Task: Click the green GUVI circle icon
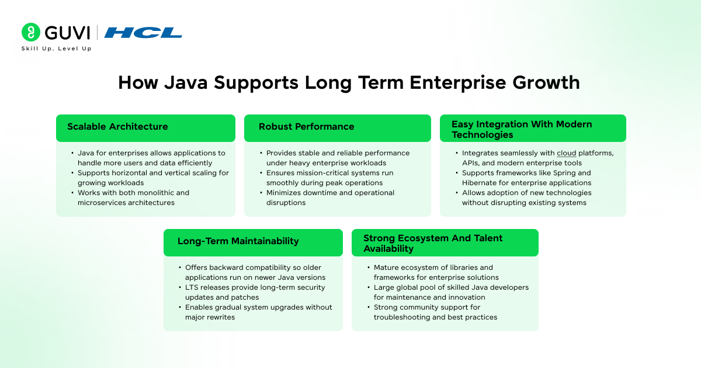click(30, 32)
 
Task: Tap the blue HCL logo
click(143, 33)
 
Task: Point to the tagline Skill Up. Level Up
click(56, 48)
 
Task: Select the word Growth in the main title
click(546, 82)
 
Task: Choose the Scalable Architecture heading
click(117, 127)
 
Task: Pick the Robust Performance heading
click(306, 127)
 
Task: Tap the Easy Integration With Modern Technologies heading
click(522, 129)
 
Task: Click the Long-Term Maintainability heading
click(238, 241)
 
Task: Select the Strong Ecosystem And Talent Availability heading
click(433, 244)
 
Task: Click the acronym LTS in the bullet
click(193, 287)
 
